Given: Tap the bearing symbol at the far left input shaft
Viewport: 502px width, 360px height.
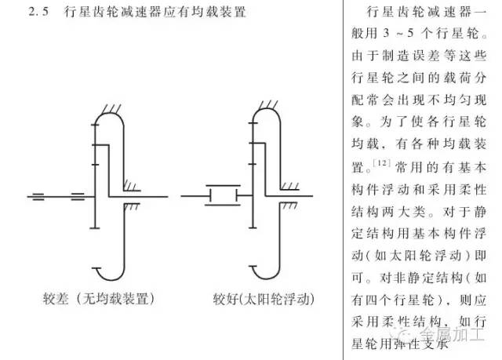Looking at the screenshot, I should tap(38, 195).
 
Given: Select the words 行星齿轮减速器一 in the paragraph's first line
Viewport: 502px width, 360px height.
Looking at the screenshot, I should tap(429, 14).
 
